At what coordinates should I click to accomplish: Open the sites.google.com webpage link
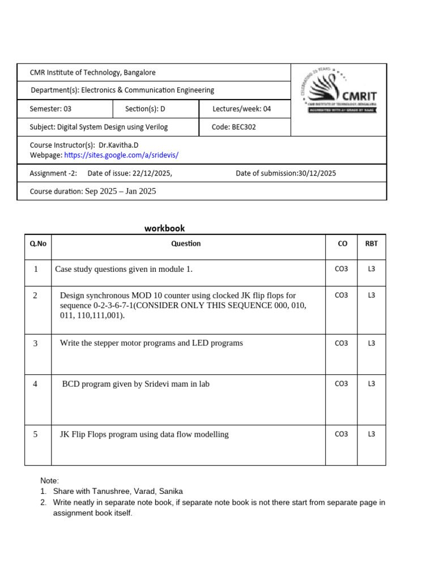pos(121,155)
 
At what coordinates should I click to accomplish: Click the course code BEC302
pos(243,127)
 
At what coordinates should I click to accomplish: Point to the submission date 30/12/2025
pos(317,173)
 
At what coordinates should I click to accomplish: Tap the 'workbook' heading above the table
pos(164,228)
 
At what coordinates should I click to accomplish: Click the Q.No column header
pos(38,244)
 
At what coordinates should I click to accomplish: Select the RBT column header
pos(371,244)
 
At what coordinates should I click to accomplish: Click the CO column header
pos(342,244)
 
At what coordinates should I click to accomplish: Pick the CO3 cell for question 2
pos(341,295)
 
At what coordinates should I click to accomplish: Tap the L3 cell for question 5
pos(371,434)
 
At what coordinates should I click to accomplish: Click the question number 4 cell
pos(35,384)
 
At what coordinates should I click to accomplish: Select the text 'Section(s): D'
pos(145,109)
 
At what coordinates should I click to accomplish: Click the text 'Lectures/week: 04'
pos(241,109)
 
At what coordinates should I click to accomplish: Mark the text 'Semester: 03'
pos(51,109)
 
